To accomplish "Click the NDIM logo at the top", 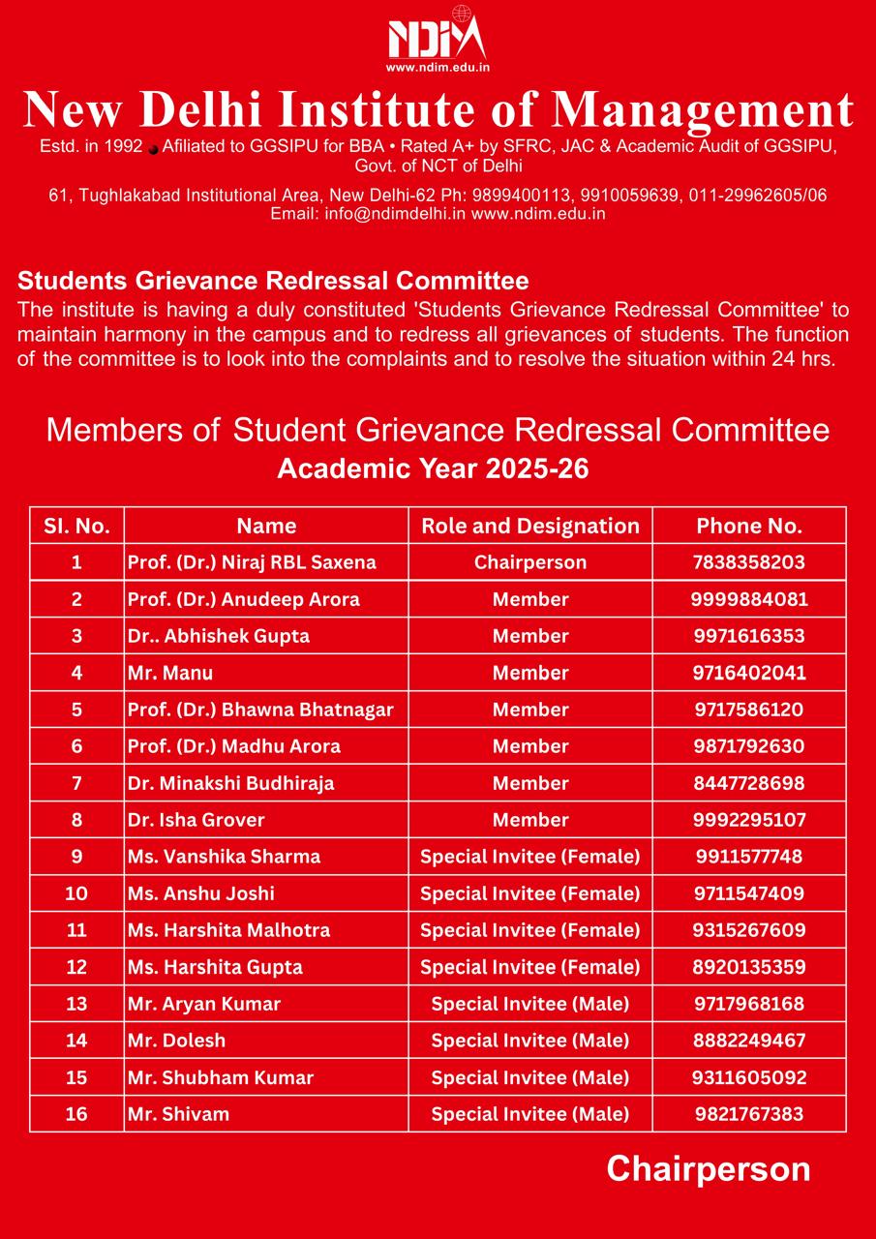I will pyautogui.click(x=437, y=39).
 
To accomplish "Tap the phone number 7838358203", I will pyautogui.click(x=748, y=562).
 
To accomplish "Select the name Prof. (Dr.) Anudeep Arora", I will pyautogui.click(x=244, y=599).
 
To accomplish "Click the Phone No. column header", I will pyautogui.click(x=748, y=526).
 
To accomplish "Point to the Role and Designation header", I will pyautogui.click(x=530, y=526).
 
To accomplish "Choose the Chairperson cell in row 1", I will pyautogui.click(x=530, y=562).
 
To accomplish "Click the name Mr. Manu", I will pyautogui.click(x=170, y=673).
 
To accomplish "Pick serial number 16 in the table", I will pyautogui.click(x=76, y=1114).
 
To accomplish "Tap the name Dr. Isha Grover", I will pyautogui.click(x=196, y=820).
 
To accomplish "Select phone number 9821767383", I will pyautogui.click(x=748, y=1114).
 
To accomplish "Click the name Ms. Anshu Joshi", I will pyautogui.click(x=201, y=893).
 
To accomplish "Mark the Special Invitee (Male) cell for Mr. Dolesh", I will pyautogui.click(x=530, y=1041).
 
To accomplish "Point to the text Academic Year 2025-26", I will pyautogui.click(x=433, y=468).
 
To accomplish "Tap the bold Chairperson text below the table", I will pyautogui.click(x=708, y=1169).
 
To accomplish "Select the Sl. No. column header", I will pyautogui.click(x=76, y=526).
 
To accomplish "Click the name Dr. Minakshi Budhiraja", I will pyautogui.click(x=231, y=783).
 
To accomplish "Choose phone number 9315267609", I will pyautogui.click(x=748, y=930).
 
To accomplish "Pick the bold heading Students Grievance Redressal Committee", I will pyautogui.click(x=273, y=282).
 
